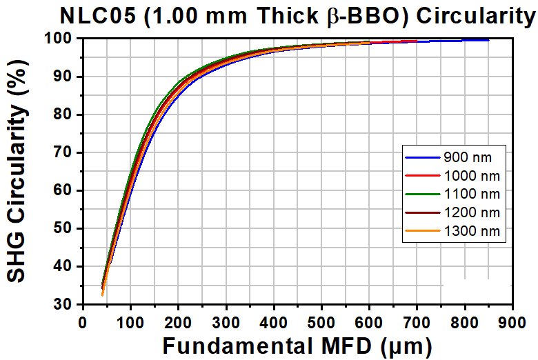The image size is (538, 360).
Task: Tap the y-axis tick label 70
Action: pos(64,152)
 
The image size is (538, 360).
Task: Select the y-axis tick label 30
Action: pos(64,304)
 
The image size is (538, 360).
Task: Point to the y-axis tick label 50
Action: pos(64,228)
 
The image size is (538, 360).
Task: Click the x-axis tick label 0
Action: pos(83,321)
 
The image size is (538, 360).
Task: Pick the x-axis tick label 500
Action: pos(321,321)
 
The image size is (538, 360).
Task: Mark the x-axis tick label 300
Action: pos(226,321)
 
